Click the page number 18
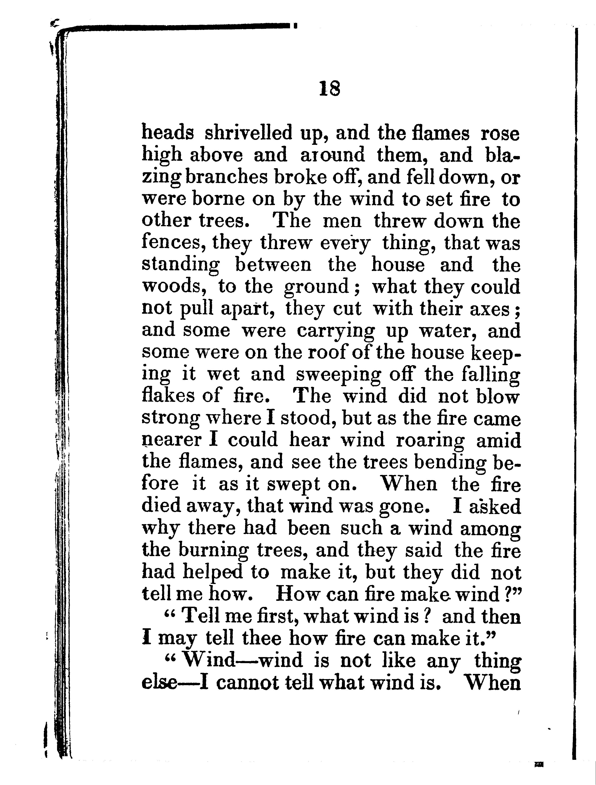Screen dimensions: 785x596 (x=330, y=89)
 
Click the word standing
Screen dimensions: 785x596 (x=181, y=266)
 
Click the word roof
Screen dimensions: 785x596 (x=326, y=353)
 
